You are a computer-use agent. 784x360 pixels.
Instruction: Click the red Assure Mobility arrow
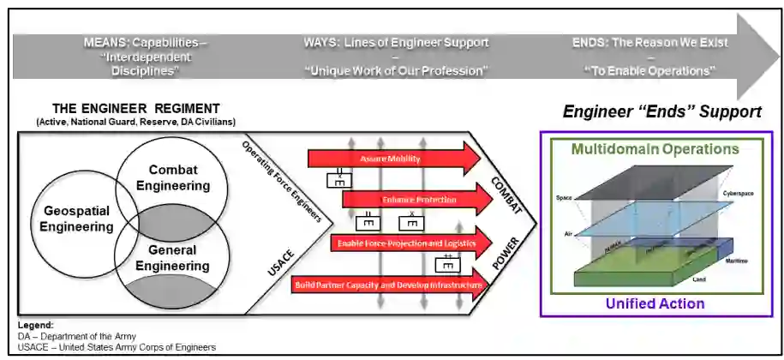tap(394, 159)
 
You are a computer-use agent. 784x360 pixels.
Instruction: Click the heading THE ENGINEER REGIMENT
tap(136, 109)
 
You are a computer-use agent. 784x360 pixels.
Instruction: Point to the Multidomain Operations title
tap(655, 149)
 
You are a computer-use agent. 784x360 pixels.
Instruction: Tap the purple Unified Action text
tap(655, 303)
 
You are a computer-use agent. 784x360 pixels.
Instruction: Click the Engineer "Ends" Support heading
tap(661, 112)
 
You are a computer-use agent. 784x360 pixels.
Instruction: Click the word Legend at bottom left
tap(35, 325)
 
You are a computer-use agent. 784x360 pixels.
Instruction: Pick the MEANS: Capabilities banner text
tap(146, 42)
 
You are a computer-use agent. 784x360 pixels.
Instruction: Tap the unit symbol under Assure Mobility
tap(339, 181)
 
